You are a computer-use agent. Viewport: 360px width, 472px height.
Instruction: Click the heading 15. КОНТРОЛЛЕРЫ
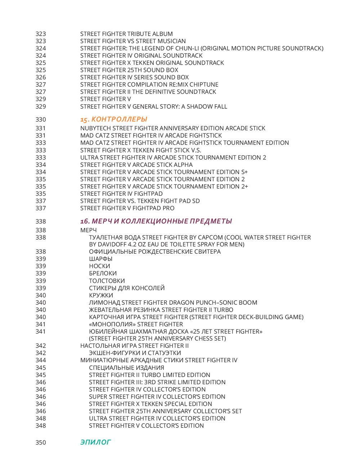(x=114, y=119)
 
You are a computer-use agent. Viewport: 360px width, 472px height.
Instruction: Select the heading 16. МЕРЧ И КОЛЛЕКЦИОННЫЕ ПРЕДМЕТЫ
(x=156, y=221)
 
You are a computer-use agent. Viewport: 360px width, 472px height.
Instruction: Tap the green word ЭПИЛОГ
(x=95, y=442)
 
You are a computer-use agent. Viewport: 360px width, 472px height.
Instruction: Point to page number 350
(x=41, y=442)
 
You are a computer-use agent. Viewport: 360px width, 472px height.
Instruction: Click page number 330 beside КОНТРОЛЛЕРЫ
(x=41, y=119)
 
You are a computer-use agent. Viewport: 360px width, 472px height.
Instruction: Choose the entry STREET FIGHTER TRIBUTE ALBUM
(x=126, y=34)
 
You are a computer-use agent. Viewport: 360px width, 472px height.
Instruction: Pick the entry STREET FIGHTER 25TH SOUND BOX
(x=129, y=70)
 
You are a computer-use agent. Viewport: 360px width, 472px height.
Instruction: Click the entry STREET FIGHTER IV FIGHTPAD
(x=121, y=194)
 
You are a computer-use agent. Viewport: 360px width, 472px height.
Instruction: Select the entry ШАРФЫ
(x=101, y=259)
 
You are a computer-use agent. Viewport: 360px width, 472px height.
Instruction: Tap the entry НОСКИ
(x=100, y=266)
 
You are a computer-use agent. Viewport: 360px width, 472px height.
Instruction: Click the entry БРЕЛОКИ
(x=103, y=273)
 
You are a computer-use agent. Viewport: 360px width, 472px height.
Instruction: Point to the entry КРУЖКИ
(x=101, y=295)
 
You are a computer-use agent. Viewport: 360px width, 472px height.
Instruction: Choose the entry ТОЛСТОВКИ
(x=107, y=281)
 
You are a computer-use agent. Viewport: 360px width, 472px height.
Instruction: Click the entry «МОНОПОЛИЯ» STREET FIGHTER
(x=136, y=324)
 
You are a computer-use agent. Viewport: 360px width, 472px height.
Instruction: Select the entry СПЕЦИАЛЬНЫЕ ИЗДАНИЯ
(x=126, y=368)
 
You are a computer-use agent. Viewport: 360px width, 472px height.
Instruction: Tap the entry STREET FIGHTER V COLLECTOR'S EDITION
(x=146, y=426)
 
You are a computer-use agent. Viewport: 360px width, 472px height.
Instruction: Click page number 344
(x=41, y=360)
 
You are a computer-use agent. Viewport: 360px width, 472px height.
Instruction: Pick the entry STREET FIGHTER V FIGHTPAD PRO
(x=127, y=208)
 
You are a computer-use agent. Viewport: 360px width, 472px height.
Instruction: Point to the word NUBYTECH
(x=95, y=128)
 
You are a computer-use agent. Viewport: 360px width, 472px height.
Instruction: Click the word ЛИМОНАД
(x=104, y=303)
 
